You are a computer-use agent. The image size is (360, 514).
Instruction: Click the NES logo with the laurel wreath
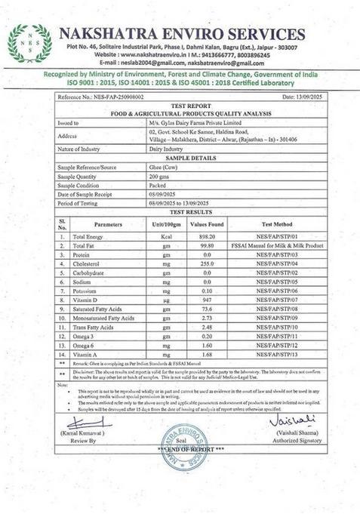click(x=30, y=43)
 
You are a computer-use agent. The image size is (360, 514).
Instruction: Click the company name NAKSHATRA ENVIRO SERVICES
click(x=182, y=34)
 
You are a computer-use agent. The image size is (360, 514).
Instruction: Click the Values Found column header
click(x=206, y=224)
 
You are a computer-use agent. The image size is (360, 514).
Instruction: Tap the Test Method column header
click(x=277, y=224)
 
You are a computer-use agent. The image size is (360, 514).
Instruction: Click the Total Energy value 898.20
click(x=206, y=237)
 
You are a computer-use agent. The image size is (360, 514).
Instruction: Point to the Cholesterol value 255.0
click(x=206, y=264)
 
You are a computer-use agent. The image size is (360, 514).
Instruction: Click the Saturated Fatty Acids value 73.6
click(x=206, y=309)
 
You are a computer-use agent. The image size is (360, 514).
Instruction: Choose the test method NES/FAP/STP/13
click(x=277, y=354)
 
